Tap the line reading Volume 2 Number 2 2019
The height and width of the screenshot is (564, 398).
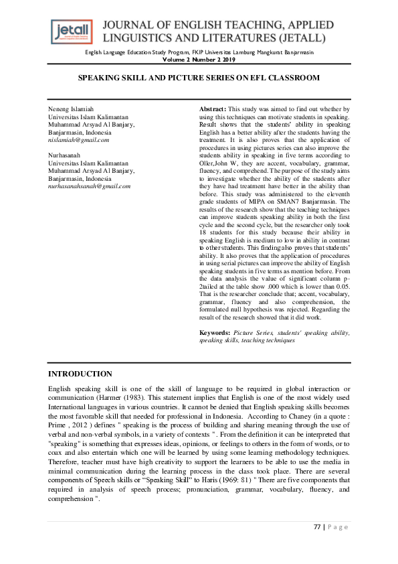click(199, 59)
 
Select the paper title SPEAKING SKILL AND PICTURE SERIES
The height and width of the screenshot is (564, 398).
click(199, 78)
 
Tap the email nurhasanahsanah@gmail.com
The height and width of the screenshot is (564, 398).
click(89, 186)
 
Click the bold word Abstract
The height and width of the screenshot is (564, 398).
click(213, 109)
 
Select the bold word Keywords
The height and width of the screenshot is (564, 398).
click(215, 332)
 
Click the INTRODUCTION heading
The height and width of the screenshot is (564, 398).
click(80, 374)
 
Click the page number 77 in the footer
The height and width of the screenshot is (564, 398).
click(318, 527)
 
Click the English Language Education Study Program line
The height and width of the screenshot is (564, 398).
click(199, 52)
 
